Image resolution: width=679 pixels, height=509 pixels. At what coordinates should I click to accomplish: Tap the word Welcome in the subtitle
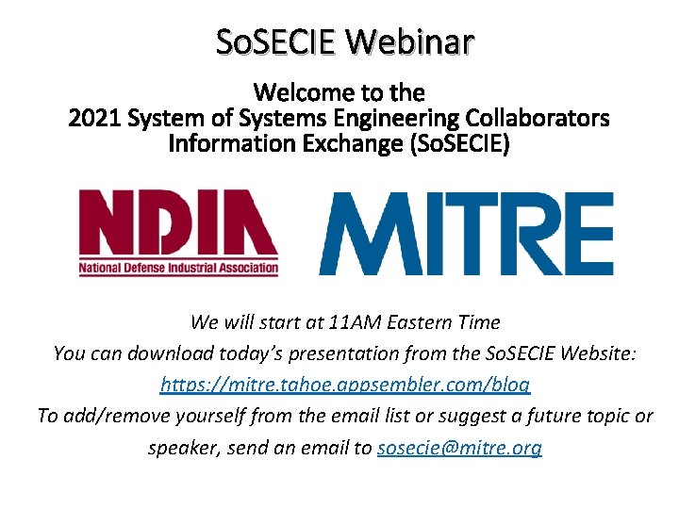pos(301,92)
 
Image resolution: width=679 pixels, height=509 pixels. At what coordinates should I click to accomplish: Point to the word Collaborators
pos(537,119)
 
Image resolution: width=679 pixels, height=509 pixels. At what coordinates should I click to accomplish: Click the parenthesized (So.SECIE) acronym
pos(452,144)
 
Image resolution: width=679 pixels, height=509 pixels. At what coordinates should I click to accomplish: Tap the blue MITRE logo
pos(466,233)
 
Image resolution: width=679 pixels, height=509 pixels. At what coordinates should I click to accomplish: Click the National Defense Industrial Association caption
pos(178,268)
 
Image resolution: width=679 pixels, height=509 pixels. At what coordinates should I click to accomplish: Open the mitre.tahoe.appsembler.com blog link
pos(345,386)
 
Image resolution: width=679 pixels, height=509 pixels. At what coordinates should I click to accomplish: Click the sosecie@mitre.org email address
pos(459,448)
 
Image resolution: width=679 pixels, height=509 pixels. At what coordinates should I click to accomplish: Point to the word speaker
pos(185,448)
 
